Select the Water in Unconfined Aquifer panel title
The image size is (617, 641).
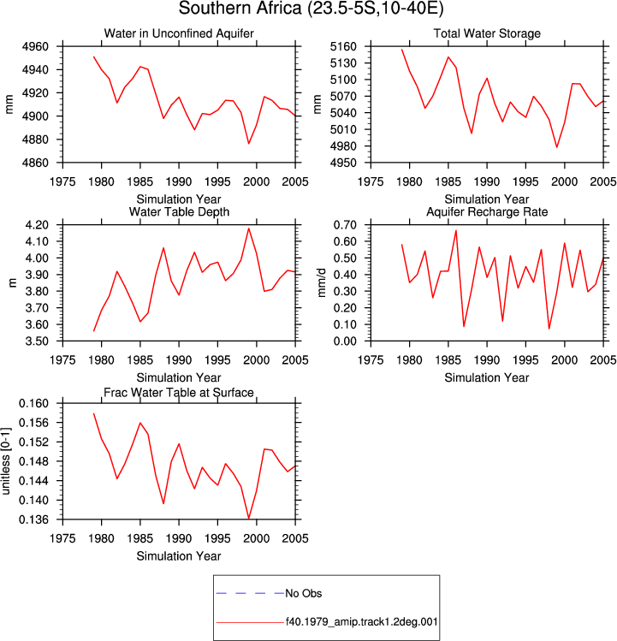pos(179,33)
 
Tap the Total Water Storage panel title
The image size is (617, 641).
pos(487,33)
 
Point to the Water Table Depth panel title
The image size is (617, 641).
pos(179,211)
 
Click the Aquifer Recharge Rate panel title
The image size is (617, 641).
pos(487,211)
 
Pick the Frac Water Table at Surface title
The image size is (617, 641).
pos(179,393)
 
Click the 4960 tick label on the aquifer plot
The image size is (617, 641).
pos(35,46)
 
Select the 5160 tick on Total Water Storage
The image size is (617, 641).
pos(343,46)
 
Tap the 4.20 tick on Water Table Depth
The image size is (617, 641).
pos(37,225)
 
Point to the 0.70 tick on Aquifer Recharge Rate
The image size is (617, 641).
pos(345,225)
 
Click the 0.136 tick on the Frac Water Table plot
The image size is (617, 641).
pos(33,519)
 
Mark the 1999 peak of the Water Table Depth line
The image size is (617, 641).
pos(249,229)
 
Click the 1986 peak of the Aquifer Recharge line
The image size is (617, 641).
pos(456,230)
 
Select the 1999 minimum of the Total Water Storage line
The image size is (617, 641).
pos(557,147)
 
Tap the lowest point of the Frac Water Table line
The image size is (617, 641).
pos(249,519)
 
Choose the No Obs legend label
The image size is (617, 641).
pos(304,593)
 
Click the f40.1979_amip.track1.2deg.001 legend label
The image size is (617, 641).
pos(361,622)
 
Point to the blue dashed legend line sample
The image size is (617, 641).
pos(250,593)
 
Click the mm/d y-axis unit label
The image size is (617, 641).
pos(323,282)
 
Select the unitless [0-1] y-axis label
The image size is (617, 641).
pos(6,461)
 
